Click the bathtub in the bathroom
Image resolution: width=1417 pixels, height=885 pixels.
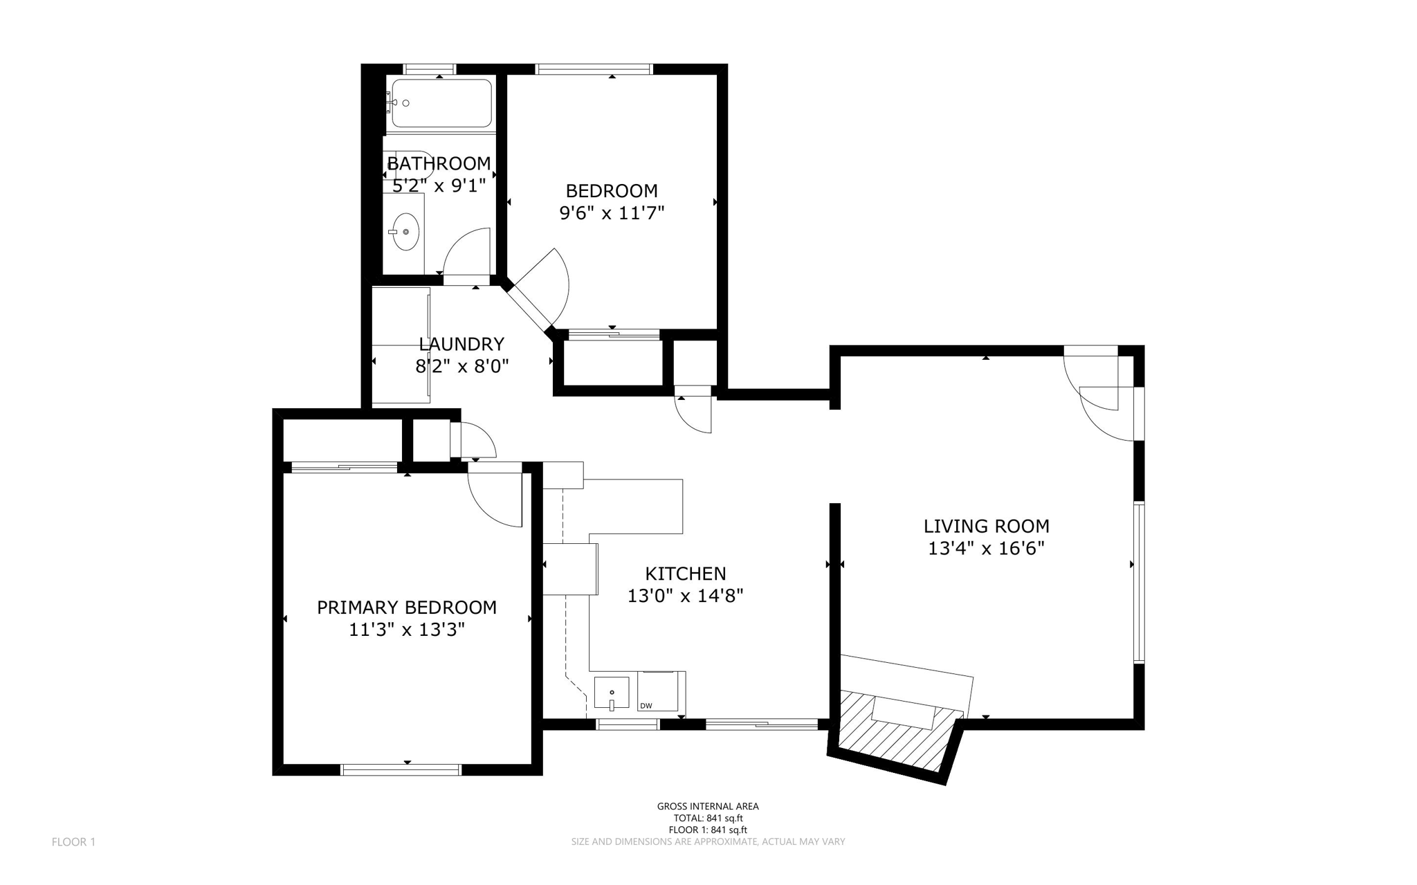click(x=441, y=103)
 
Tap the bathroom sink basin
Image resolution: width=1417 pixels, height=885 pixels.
click(x=405, y=231)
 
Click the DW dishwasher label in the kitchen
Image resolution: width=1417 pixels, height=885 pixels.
click(x=646, y=706)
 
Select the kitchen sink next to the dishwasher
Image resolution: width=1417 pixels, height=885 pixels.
click(x=612, y=693)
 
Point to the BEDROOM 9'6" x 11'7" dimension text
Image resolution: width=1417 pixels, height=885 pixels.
click(x=612, y=212)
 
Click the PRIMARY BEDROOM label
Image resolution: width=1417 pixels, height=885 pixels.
click(x=406, y=608)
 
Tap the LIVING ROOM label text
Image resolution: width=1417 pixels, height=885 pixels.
click(x=986, y=526)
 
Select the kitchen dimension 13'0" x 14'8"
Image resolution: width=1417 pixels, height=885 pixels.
click(x=685, y=596)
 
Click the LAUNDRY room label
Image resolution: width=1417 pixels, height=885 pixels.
click(x=461, y=344)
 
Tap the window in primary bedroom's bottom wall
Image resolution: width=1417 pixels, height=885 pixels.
click(x=401, y=769)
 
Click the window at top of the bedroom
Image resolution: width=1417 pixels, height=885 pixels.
click(x=594, y=69)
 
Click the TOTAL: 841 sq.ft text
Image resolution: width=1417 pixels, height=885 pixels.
click(x=708, y=818)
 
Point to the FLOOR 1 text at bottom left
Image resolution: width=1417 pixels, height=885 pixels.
click(x=73, y=842)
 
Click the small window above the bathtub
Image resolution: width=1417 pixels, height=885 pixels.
click(x=430, y=69)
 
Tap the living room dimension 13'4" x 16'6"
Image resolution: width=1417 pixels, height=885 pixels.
click(x=986, y=549)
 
